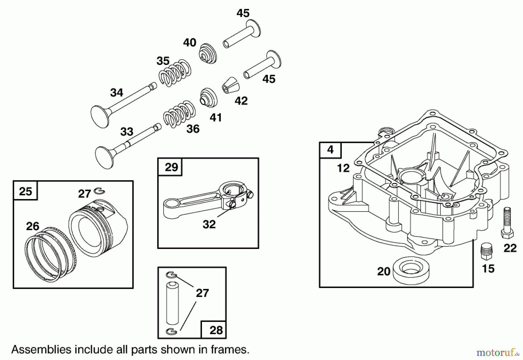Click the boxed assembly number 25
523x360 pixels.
pyautogui.click(x=25, y=191)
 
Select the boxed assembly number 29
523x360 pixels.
pyautogui.click(x=171, y=167)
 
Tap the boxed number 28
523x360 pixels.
pyautogui.click(x=216, y=330)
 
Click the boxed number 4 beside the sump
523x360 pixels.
pyautogui.click(x=330, y=150)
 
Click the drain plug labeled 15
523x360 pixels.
pyautogui.click(x=486, y=252)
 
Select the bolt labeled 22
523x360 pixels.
pyautogui.click(x=507, y=222)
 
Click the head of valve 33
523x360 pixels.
pyautogui.click(x=104, y=157)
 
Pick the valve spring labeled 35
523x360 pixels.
pyautogui.click(x=175, y=73)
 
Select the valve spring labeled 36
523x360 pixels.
pyautogui.click(x=179, y=114)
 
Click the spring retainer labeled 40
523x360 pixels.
pyautogui.click(x=207, y=54)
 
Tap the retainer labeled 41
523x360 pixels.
pyautogui.click(x=208, y=97)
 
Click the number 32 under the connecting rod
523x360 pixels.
pyautogui.click(x=209, y=224)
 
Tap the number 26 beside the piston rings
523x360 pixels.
pyautogui.click(x=33, y=226)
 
